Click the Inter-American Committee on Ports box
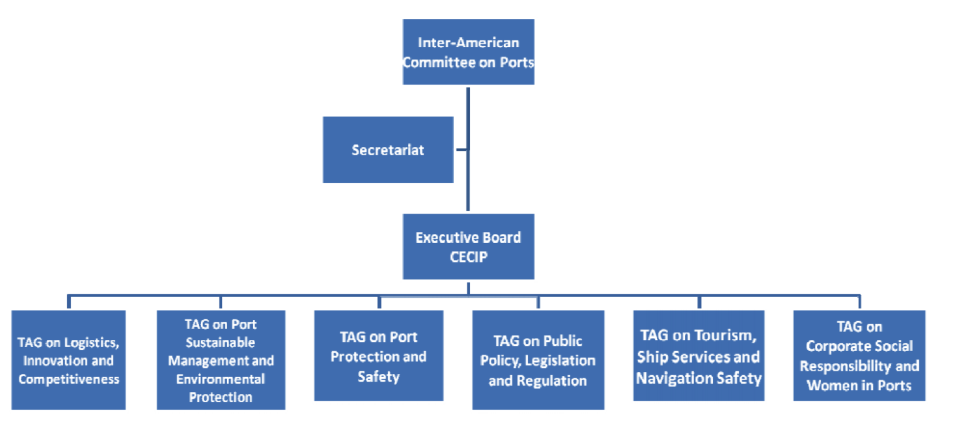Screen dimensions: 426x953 click(468, 52)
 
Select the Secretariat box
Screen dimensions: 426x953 click(388, 150)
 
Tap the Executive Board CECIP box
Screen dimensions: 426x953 click(468, 246)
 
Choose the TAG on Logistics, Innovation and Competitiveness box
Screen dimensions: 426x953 click(68, 360)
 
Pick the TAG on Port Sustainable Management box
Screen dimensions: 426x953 click(221, 360)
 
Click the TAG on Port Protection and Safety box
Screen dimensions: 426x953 click(379, 356)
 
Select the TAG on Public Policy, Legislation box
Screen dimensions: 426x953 click(538, 360)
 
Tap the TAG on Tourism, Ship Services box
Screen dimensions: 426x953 click(698, 356)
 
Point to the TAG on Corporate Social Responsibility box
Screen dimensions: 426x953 click(859, 356)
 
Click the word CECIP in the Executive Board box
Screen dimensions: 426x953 click(468, 257)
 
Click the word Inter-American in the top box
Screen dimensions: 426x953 click(468, 43)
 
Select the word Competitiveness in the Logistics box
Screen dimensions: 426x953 click(68, 379)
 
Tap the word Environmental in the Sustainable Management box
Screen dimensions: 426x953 click(221, 379)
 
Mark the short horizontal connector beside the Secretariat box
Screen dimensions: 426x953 click(461, 150)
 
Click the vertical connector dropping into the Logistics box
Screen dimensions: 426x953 click(68, 302)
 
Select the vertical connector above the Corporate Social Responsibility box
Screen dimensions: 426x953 click(859, 302)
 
